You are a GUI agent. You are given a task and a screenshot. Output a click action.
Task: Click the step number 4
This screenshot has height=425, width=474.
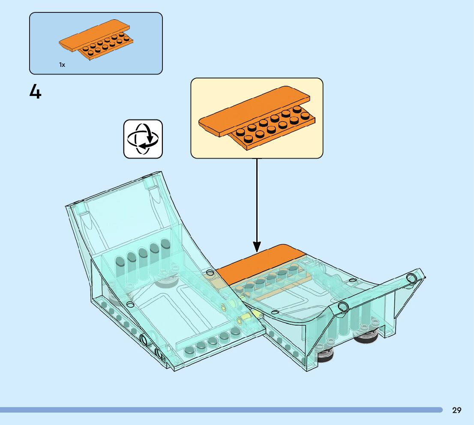click(x=35, y=92)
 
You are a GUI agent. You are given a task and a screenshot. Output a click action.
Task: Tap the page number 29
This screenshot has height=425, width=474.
click(x=456, y=410)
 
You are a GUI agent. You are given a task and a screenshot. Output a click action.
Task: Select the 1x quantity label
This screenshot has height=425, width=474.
click(x=62, y=65)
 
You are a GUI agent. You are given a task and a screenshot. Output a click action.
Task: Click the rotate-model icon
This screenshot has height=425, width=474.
click(x=143, y=139)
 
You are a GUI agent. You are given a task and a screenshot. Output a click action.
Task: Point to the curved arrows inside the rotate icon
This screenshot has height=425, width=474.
click(x=143, y=139)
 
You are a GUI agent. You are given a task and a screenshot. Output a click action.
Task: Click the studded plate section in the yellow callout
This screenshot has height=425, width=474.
click(x=274, y=129)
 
